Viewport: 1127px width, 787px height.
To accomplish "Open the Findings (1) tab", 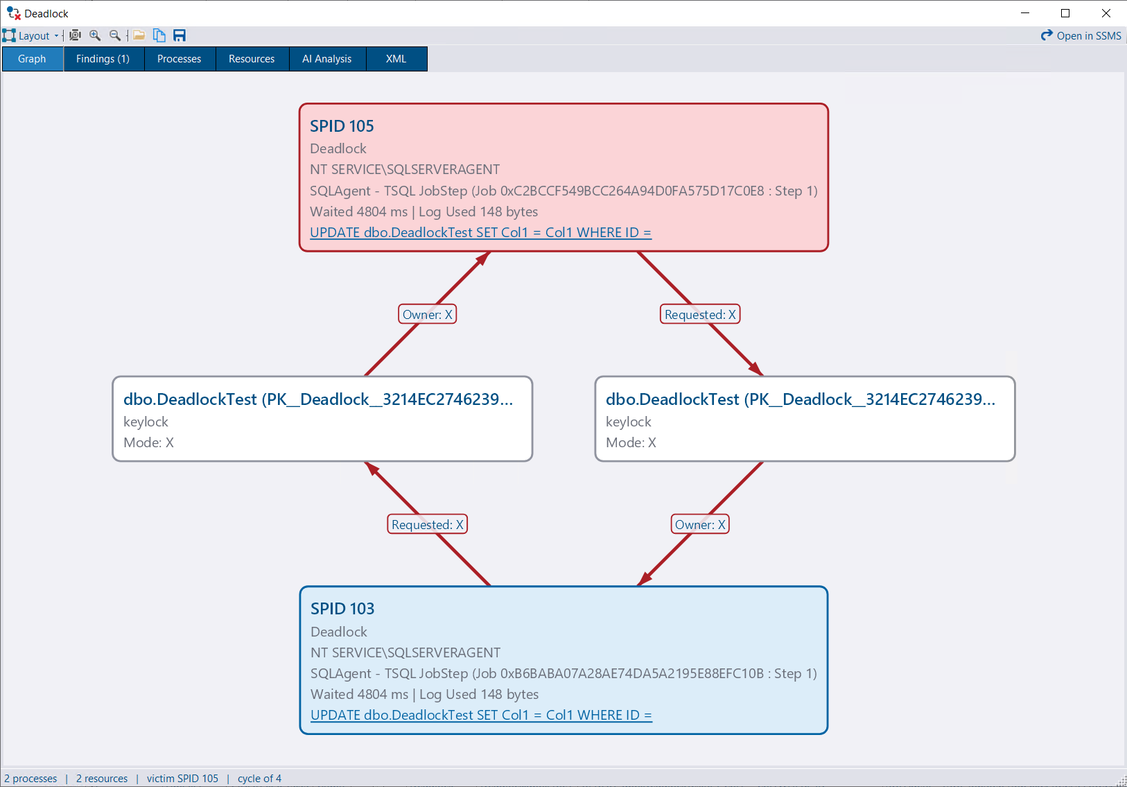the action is tap(103, 59).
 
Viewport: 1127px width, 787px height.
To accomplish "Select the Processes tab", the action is tap(179, 59).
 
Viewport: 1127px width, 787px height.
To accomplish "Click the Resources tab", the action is tap(252, 59).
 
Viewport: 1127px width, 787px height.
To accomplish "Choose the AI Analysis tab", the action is tap(327, 59).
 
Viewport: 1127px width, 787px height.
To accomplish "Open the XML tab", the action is tap(396, 59).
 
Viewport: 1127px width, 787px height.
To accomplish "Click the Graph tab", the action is tap(32, 59).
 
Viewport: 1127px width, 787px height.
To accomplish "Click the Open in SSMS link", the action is tap(1081, 36).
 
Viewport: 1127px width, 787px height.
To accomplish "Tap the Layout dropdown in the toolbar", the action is tap(31, 36).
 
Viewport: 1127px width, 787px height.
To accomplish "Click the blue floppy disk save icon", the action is tap(180, 35).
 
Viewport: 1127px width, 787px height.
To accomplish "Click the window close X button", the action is tap(1106, 13).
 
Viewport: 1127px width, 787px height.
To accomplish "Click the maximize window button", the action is tap(1065, 13).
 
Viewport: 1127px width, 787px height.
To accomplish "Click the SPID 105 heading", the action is tap(342, 126).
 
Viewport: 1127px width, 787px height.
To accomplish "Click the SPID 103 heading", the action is tap(342, 609).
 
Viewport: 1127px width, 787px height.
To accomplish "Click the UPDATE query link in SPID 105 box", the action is tap(481, 232).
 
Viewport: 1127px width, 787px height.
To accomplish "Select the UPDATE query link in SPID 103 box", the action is tap(482, 715).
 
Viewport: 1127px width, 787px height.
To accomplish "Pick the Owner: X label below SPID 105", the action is tap(427, 315).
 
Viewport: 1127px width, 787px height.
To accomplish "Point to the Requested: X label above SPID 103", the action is tap(427, 524).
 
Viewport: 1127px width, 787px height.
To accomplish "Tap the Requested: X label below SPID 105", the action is tap(700, 315).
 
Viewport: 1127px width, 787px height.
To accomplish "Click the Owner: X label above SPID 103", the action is tap(700, 524).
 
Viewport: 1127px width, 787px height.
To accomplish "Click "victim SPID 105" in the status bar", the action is tap(182, 779).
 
